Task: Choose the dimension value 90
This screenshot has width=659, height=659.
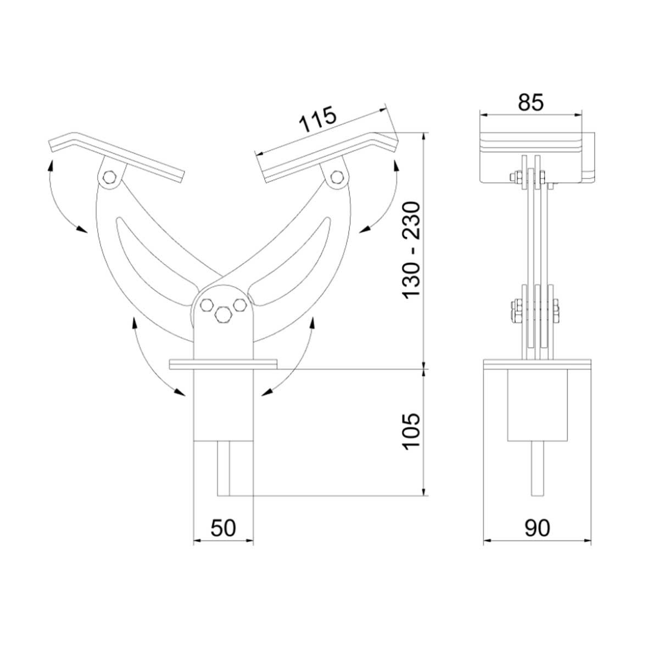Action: point(537,528)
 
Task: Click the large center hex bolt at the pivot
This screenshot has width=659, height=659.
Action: point(222,314)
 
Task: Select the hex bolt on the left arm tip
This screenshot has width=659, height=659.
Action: point(109,177)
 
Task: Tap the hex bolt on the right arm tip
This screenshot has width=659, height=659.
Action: point(337,177)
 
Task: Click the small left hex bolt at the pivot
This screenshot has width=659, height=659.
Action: point(206,305)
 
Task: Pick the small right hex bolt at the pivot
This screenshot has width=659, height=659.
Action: point(239,304)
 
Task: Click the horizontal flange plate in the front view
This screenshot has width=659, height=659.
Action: point(223,365)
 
